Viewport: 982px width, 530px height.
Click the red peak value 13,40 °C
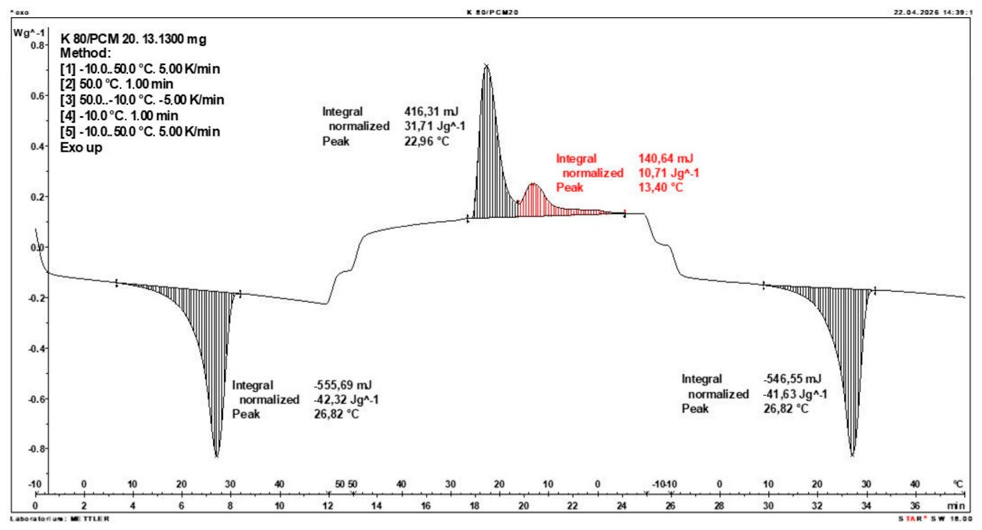pos(660,187)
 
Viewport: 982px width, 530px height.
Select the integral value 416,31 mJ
pos(431,112)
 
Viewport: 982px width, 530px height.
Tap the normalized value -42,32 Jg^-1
pos(346,400)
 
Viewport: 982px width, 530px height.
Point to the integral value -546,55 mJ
pos(792,379)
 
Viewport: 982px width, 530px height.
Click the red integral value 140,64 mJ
pos(665,159)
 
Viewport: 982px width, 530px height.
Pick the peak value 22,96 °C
pos(427,141)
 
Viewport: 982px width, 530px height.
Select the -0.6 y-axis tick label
pos(36,399)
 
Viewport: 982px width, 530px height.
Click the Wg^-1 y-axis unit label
pos(29,33)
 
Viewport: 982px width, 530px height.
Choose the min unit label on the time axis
pos(955,506)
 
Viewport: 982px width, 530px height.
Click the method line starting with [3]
pos(142,100)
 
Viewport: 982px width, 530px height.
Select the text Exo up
pos(81,148)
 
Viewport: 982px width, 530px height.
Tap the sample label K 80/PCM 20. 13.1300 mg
pos(133,39)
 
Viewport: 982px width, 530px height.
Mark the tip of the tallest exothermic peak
pos(486,65)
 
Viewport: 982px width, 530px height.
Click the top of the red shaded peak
pos(533,184)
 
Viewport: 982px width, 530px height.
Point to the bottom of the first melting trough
pos(217,456)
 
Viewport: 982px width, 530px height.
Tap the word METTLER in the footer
pos(90,519)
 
